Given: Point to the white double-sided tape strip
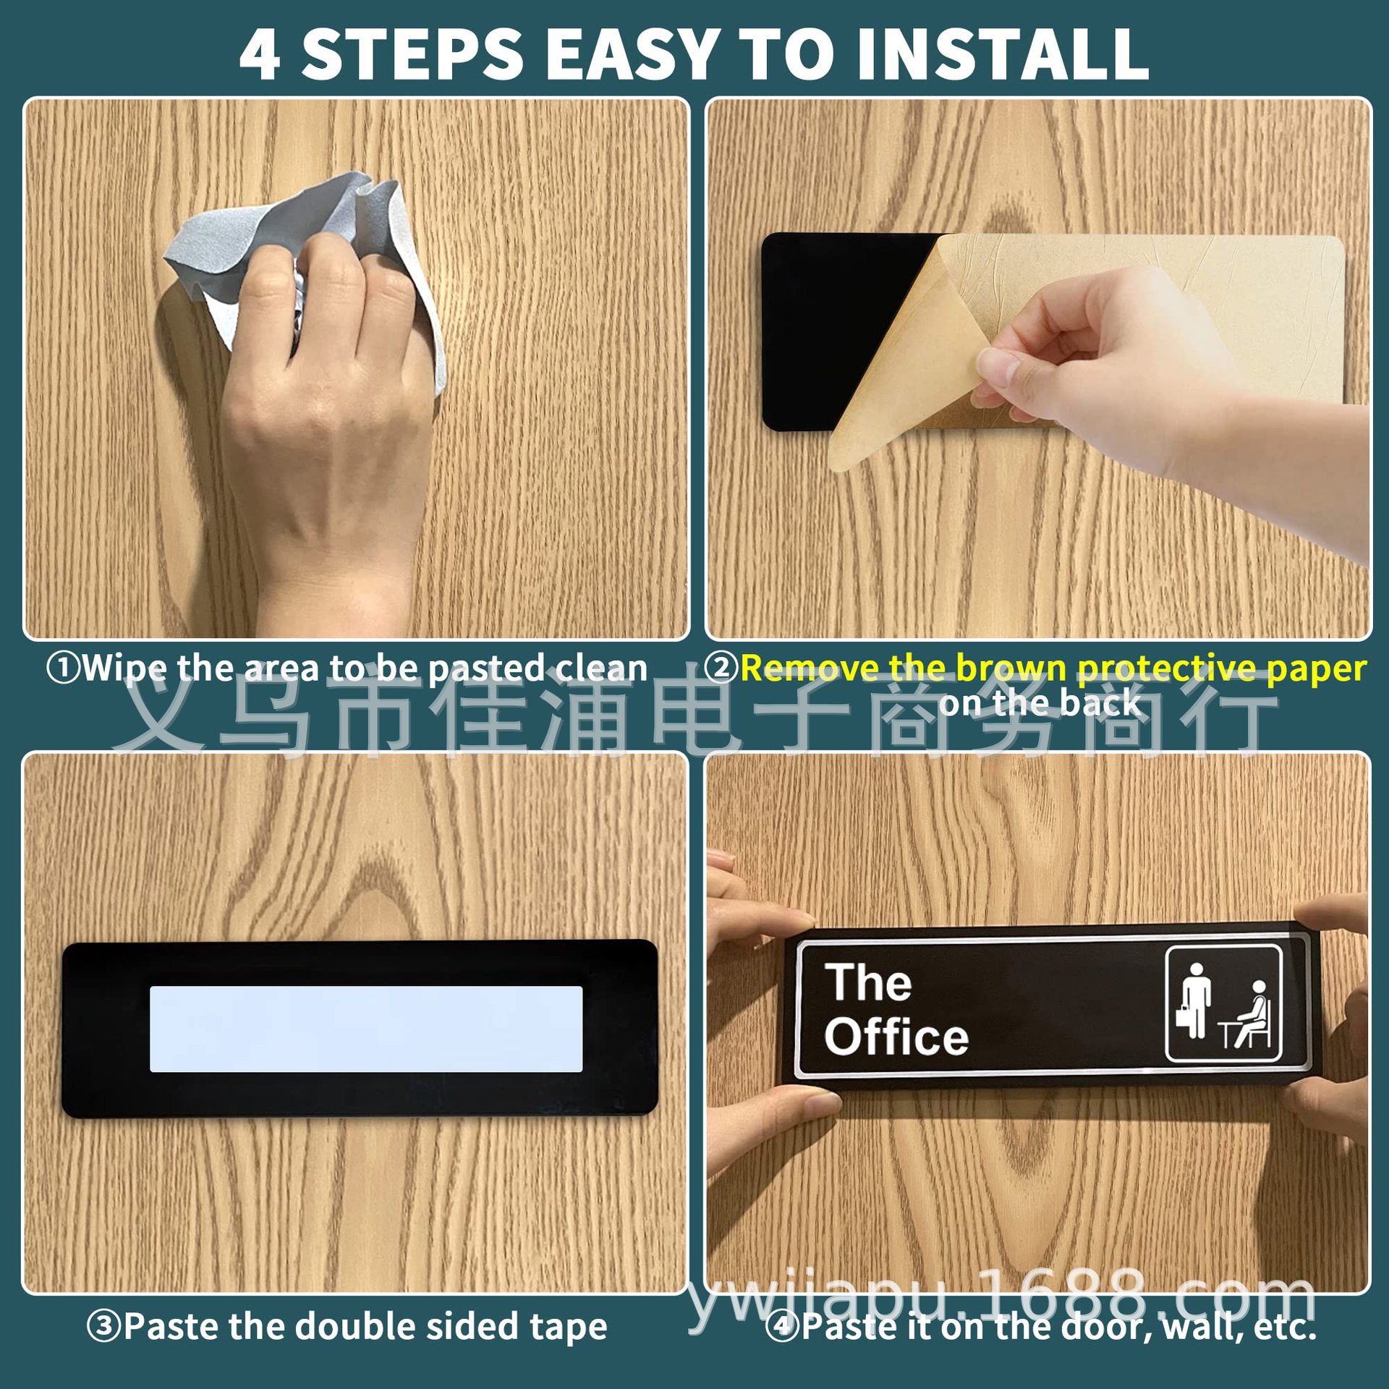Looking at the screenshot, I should click(x=366, y=1028).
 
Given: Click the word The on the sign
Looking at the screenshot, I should click(x=868, y=982).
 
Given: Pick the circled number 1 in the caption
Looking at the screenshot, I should click(x=62, y=667).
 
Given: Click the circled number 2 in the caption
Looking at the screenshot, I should click(x=721, y=667).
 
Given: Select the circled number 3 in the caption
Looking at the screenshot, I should click(x=103, y=1326).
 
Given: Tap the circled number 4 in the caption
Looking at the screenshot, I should click(x=781, y=1326).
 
